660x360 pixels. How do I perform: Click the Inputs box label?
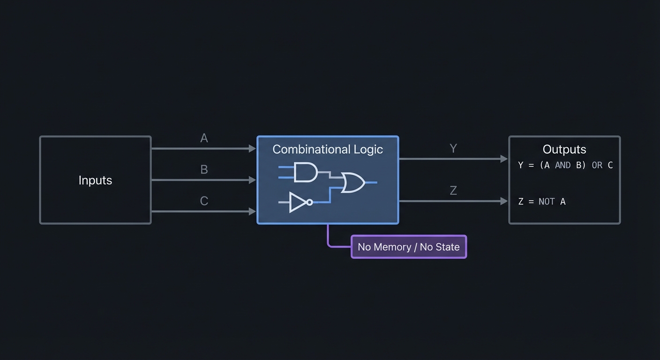(x=95, y=180)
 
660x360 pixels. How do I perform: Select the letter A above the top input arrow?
(x=204, y=138)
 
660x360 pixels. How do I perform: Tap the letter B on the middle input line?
(x=204, y=169)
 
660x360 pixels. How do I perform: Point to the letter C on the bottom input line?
(x=204, y=201)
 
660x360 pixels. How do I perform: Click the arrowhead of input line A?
(x=252, y=149)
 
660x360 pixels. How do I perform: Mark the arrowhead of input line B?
(x=252, y=180)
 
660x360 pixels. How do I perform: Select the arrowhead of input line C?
(x=252, y=211)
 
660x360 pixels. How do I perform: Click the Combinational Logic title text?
(x=328, y=150)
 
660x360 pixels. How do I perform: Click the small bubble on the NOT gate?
(x=309, y=202)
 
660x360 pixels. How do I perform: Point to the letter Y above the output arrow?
(x=453, y=149)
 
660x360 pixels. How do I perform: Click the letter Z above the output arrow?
(x=453, y=191)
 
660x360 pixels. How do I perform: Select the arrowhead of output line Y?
(x=504, y=159)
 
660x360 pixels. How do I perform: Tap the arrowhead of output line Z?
(x=504, y=201)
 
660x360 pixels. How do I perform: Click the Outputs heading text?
(x=564, y=150)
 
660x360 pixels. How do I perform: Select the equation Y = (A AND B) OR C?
(x=565, y=165)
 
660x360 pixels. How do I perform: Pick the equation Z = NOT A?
(x=542, y=202)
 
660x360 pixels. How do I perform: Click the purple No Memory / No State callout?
(x=409, y=247)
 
